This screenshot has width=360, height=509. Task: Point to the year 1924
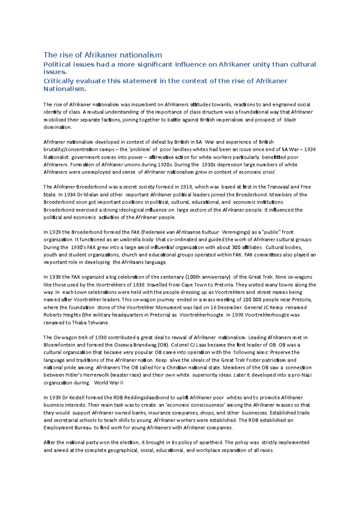tap(310, 149)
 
